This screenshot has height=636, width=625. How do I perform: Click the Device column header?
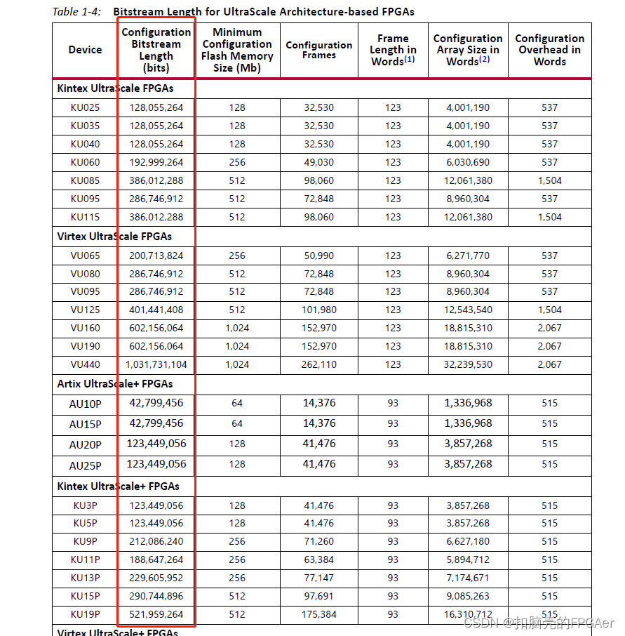85,50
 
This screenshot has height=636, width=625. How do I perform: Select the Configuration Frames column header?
319,50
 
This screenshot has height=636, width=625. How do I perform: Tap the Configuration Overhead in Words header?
549,50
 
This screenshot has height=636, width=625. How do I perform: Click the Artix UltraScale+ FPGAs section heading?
114,384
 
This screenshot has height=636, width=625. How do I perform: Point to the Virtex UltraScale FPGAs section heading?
114,237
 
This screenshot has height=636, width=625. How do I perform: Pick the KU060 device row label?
85,162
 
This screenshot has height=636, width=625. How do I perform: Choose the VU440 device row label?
85,364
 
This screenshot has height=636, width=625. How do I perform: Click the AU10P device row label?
85,404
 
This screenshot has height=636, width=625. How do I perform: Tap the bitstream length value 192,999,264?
156,162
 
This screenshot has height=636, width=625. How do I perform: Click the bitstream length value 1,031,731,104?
156,364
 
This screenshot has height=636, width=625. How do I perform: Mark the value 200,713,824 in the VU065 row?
156,256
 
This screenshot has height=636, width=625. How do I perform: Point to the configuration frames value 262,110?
319,364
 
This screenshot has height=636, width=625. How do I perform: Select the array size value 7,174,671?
468,578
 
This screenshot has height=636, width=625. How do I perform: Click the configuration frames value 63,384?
319,559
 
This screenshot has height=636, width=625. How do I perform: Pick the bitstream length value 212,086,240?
156,541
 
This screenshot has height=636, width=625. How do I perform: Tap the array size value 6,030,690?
468,162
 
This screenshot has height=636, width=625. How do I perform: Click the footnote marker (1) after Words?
410,60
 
